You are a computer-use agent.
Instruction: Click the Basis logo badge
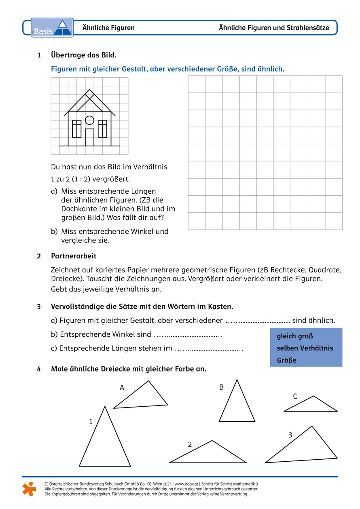[x=52, y=27]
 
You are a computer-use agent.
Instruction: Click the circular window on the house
[x=89, y=120]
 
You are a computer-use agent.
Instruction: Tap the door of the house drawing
[x=89, y=137]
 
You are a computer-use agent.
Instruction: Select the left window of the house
[x=76, y=129]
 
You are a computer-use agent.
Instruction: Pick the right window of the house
[x=102, y=129]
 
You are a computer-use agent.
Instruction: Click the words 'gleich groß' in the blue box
[x=295, y=336]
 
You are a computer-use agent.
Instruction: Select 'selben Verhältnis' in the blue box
[x=305, y=348]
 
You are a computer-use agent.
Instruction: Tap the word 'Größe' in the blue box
[x=286, y=360]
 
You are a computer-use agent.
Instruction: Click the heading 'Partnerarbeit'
[x=74, y=256]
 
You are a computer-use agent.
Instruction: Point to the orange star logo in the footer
[x=29, y=488]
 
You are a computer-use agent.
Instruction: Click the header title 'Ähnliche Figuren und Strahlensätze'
[x=274, y=28]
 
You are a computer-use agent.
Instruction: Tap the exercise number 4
[x=39, y=369]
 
